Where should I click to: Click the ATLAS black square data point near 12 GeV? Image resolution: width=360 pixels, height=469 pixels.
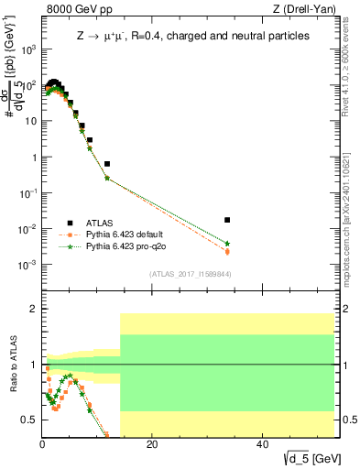point(107,164)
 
